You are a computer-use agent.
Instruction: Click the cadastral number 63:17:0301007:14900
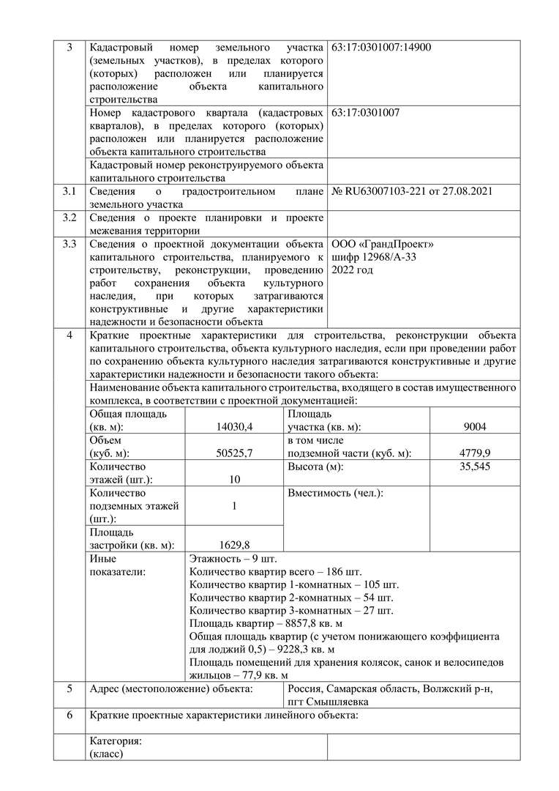tap(381, 48)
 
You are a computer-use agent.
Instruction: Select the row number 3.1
tap(69, 192)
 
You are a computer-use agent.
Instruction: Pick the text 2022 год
tap(353, 270)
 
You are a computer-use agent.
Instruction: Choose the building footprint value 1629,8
tap(234, 545)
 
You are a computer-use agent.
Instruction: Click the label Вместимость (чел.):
tap(335, 493)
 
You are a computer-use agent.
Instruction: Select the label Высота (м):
tap(315, 467)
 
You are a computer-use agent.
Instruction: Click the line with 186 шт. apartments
tap(275, 571)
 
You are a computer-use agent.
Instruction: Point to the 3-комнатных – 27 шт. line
tap(291, 611)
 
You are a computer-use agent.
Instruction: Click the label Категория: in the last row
tap(115, 741)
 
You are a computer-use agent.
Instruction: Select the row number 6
tap(69, 716)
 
